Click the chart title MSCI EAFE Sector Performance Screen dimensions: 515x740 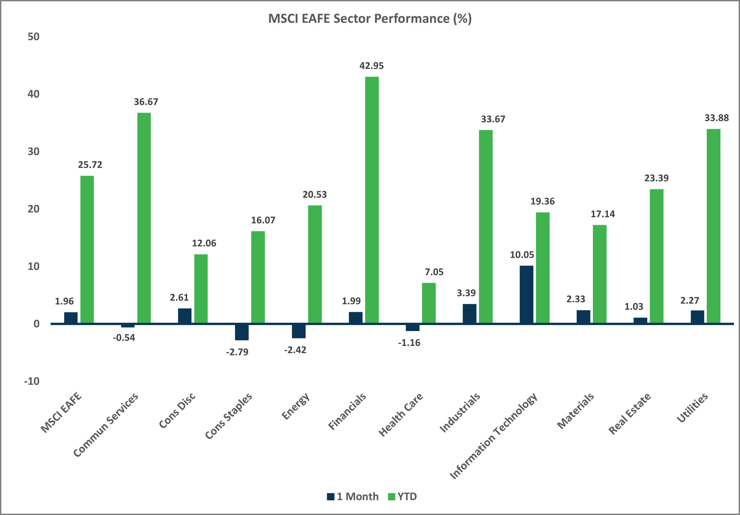370,19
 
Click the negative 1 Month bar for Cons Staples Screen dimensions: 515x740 242,332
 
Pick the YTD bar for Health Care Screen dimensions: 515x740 429,303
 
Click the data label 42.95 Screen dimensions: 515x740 372,66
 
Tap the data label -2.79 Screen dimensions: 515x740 237,352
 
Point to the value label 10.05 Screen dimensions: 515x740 522,255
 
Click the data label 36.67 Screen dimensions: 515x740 146,102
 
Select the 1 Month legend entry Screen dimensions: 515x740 353,497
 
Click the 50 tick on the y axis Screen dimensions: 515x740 33,37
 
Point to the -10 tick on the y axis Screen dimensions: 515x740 32,381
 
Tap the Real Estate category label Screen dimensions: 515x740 629,414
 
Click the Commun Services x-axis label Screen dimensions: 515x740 106,425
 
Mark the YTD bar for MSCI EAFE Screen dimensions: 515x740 87,249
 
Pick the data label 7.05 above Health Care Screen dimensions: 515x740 434,272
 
